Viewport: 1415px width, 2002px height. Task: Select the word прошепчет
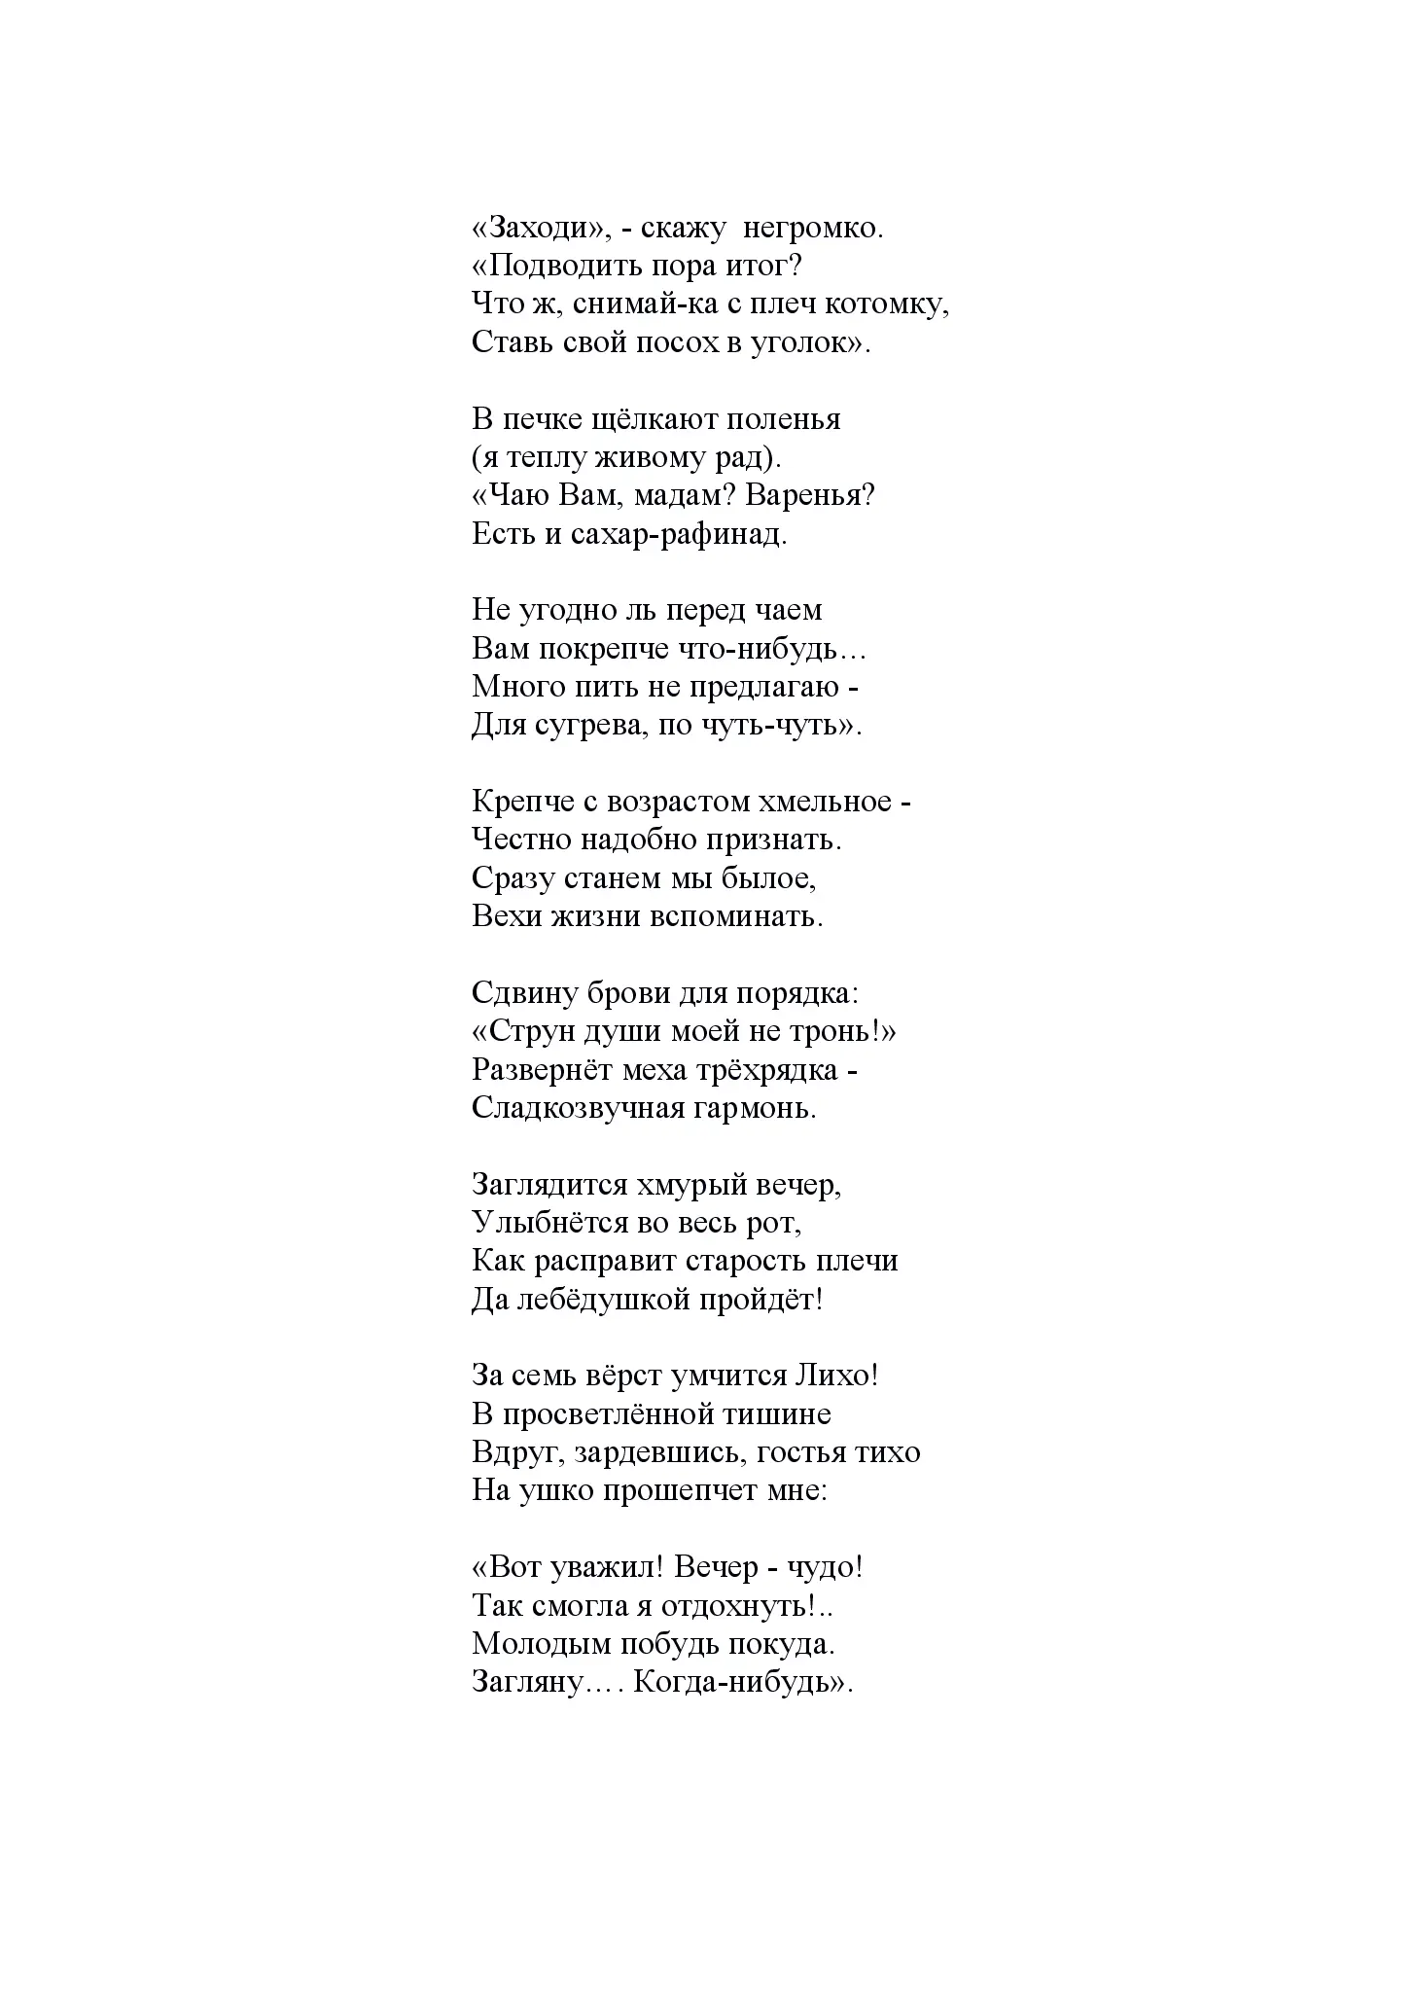click(675, 1490)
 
